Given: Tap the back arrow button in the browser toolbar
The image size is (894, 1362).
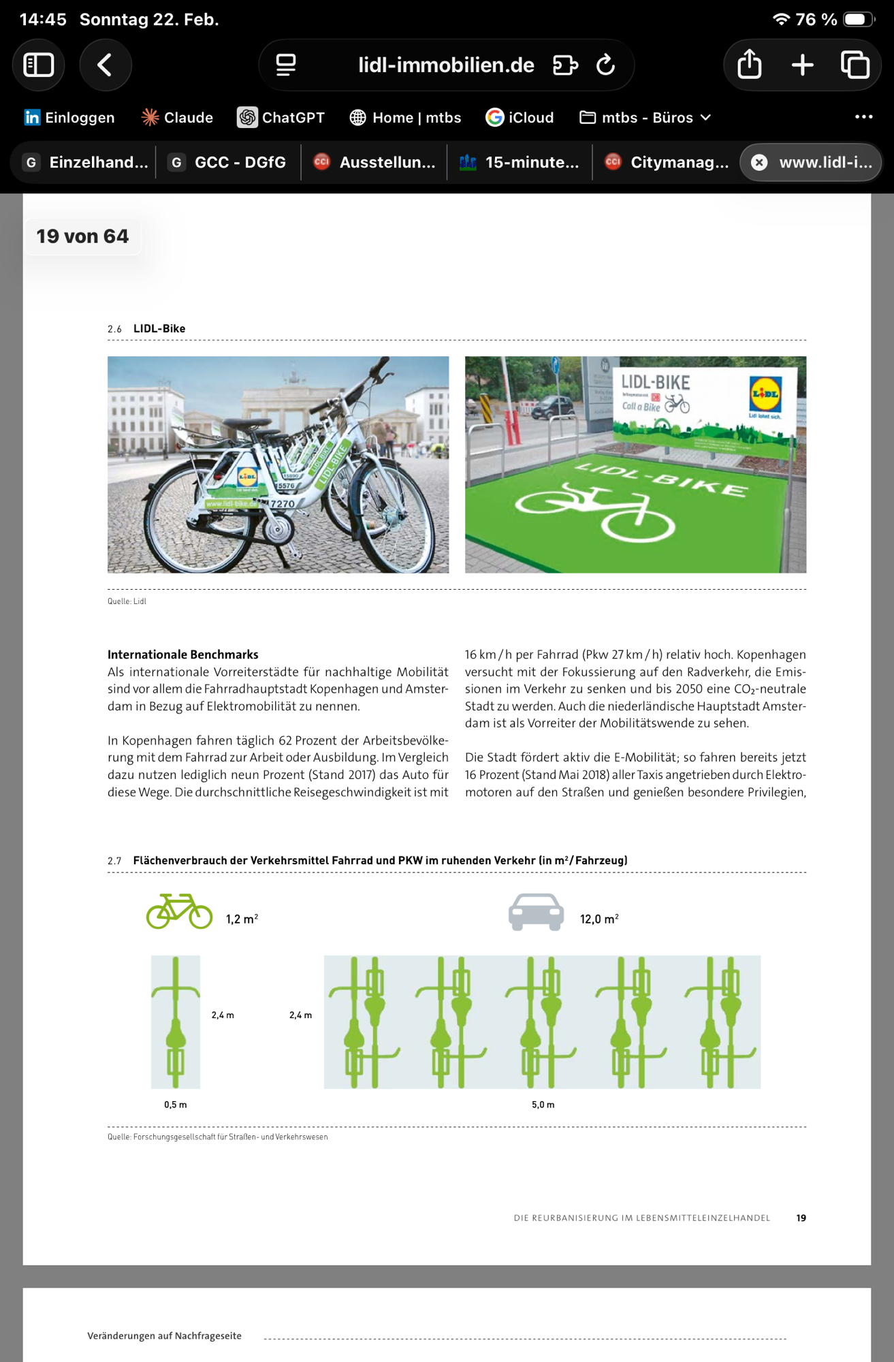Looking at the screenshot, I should tap(105, 65).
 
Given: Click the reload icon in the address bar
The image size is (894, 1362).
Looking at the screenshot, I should tap(605, 65).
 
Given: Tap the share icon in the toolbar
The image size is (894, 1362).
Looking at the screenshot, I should tap(749, 65).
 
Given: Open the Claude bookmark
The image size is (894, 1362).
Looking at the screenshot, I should tap(177, 118).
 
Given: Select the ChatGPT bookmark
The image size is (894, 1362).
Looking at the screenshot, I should tap(281, 118).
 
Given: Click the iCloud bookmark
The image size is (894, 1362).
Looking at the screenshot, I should tap(520, 118).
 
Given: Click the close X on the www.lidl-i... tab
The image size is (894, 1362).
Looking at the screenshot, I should tap(759, 163).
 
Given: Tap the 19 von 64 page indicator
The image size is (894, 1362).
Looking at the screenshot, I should tap(82, 236).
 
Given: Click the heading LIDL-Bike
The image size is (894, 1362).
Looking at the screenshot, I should tap(159, 329).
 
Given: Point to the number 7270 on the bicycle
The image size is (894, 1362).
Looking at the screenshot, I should tap(282, 504).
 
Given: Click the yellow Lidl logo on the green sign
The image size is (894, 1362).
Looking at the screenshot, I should tap(765, 394).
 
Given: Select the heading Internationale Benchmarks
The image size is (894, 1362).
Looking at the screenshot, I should tap(182, 654).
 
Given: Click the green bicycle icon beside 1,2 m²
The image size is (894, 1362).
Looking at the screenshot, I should tap(179, 911).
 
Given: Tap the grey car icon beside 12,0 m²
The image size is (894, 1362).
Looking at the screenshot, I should tap(536, 911).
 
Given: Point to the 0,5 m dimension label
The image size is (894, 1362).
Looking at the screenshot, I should tap(175, 1105).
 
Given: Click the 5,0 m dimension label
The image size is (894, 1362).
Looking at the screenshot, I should tap(543, 1105).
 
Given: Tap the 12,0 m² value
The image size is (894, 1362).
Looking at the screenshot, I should tap(599, 919).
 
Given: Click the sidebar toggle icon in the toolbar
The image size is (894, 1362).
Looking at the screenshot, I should tap(39, 65).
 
